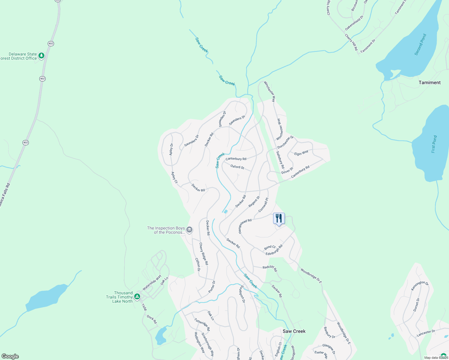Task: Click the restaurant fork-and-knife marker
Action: (x=279, y=218)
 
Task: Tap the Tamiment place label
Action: (x=429, y=82)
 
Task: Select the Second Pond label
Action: (x=420, y=45)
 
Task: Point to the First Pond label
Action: (x=434, y=144)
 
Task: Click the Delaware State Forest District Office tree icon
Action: (x=41, y=55)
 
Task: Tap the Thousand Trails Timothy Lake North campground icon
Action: (x=137, y=297)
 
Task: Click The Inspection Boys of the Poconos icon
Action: (x=189, y=230)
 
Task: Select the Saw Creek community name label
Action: (x=294, y=331)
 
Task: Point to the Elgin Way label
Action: (x=301, y=153)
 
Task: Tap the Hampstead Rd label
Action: (x=245, y=226)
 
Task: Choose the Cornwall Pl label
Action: (x=263, y=205)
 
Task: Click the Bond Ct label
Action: (x=270, y=247)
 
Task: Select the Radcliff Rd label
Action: (x=270, y=268)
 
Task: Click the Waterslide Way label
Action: (x=152, y=283)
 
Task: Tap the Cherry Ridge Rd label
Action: (x=203, y=254)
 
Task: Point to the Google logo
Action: (x=10, y=356)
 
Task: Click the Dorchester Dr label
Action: (x=285, y=142)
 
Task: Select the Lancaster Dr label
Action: (x=426, y=333)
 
